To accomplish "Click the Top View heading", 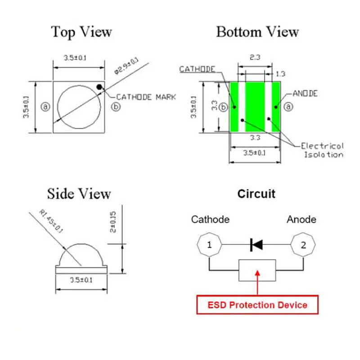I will coord(81,32).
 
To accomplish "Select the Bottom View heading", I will coord(257,32).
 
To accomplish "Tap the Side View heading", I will coord(79,194).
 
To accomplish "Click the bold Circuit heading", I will coord(256,194).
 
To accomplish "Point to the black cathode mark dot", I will coord(99,86).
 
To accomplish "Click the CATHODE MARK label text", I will coord(146,97).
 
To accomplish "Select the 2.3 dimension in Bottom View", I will coord(255,57).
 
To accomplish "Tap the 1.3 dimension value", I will coord(280,73).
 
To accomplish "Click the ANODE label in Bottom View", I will coord(305,94).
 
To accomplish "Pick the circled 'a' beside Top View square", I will coord(45,107).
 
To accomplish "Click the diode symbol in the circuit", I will coord(256,245).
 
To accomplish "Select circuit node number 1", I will coord(209,246).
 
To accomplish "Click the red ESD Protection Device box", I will coord(257,305).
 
